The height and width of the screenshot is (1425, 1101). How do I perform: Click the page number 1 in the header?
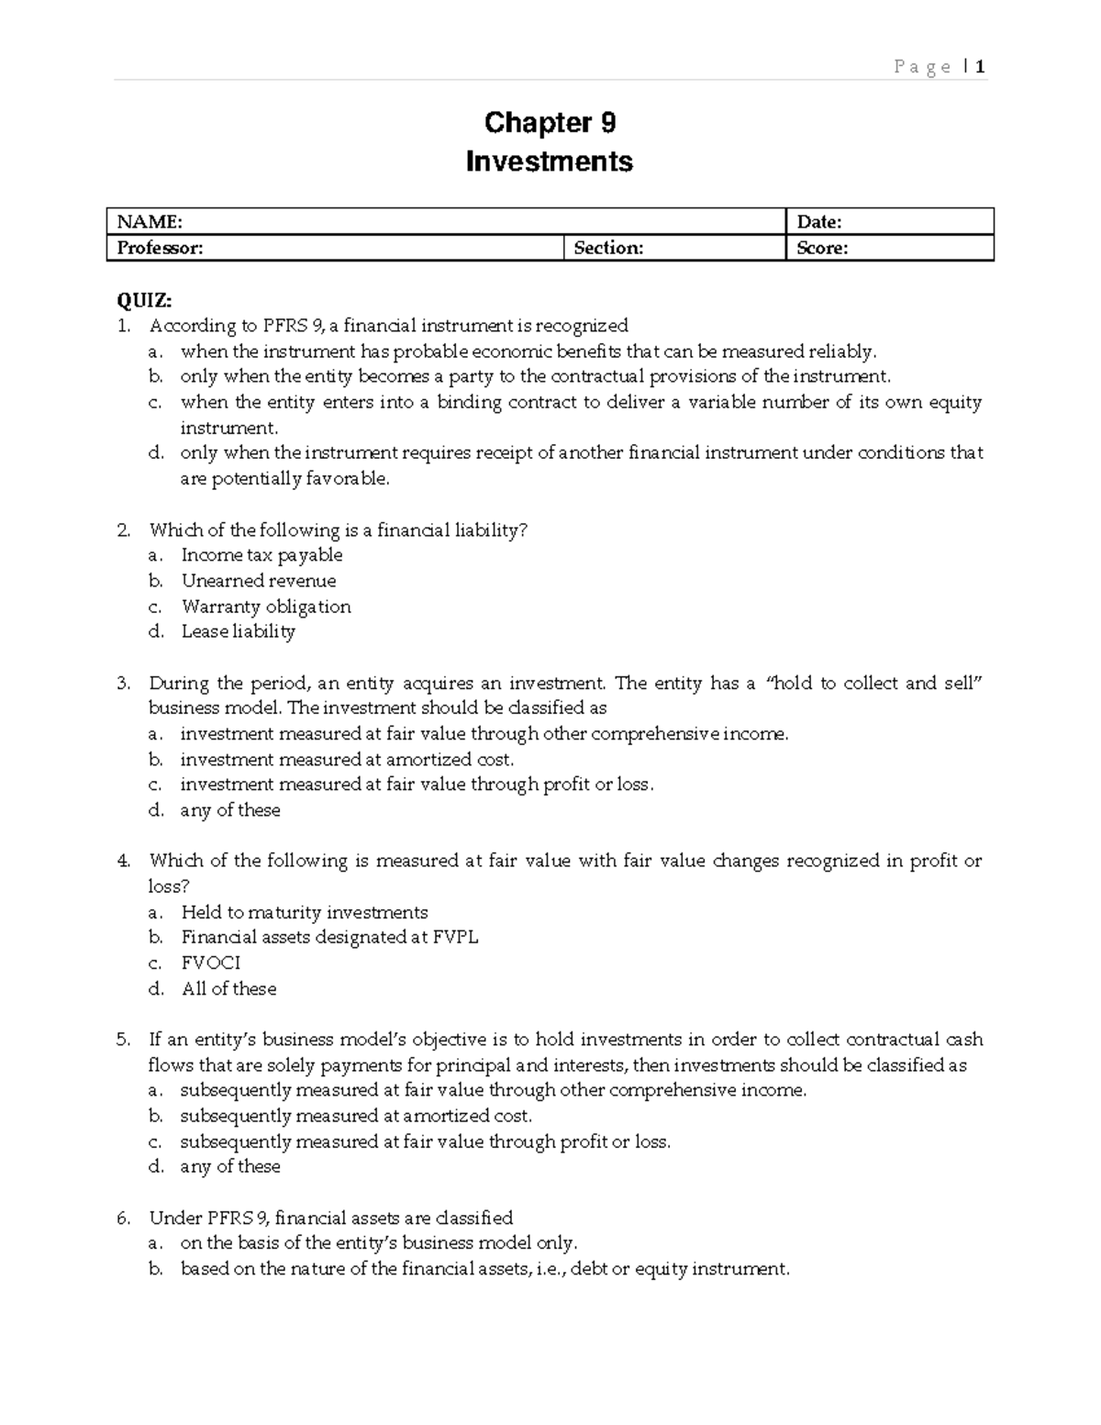981,67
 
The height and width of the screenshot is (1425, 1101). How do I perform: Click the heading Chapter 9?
550,122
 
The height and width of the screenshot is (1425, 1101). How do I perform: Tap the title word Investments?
550,161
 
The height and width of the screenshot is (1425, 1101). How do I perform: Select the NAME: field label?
146,222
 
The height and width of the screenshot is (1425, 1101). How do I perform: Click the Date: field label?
819,222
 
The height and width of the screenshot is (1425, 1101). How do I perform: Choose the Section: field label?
608,248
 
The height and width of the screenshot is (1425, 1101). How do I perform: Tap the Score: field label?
822,248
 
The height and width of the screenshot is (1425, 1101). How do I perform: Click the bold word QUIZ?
143,300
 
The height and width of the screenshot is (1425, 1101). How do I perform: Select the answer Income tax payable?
261,555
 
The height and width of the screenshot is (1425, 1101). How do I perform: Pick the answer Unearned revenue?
259,581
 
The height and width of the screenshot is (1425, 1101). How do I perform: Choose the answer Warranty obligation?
266,607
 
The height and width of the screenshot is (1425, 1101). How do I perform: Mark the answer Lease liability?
238,631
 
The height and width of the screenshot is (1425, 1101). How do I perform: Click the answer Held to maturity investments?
305,912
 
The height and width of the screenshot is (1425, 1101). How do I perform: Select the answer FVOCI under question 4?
210,963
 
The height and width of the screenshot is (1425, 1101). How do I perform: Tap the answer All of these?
228,988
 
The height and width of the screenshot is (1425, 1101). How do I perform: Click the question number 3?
123,684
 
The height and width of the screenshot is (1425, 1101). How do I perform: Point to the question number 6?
123,1219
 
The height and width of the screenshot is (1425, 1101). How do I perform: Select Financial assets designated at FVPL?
329,937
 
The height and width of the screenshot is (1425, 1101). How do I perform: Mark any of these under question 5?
230,1166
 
